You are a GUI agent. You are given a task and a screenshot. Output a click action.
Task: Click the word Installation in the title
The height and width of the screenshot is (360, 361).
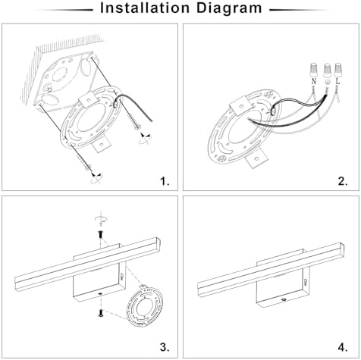tap(145, 8)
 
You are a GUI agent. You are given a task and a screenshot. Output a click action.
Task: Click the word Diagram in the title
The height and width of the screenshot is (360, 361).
tap(229, 9)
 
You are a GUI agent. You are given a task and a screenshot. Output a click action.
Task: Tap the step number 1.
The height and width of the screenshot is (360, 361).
tap(165, 181)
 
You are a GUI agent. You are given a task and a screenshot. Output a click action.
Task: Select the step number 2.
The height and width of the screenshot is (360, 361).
tap(343, 181)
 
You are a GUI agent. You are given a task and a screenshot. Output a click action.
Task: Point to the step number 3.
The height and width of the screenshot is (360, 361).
tap(165, 347)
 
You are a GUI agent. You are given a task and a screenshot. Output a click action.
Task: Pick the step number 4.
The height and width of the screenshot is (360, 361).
tap(343, 347)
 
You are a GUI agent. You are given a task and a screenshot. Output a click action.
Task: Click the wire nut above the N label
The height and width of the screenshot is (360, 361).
tap(314, 70)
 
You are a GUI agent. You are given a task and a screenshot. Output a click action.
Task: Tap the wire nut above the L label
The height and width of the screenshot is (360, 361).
tap(338, 70)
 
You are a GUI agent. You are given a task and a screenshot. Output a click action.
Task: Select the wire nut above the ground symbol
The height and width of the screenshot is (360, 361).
tap(327, 70)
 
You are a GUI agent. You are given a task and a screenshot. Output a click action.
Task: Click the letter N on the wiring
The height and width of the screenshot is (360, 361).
tap(314, 81)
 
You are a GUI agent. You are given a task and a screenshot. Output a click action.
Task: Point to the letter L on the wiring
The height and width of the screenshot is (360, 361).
tap(338, 81)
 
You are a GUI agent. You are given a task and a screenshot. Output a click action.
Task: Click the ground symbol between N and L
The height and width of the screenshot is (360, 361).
tap(327, 82)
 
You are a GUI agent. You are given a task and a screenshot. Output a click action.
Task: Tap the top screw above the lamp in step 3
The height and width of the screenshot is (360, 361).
tap(101, 235)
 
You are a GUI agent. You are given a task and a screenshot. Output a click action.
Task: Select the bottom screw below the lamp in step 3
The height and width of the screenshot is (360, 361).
tap(101, 313)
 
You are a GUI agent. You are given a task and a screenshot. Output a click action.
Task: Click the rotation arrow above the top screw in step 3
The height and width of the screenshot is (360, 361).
tap(102, 219)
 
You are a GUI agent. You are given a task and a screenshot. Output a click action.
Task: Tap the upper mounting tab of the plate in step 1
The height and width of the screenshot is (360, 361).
tap(88, 99)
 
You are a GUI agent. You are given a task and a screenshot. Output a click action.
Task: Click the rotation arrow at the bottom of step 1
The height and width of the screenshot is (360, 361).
tap(96, 178)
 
